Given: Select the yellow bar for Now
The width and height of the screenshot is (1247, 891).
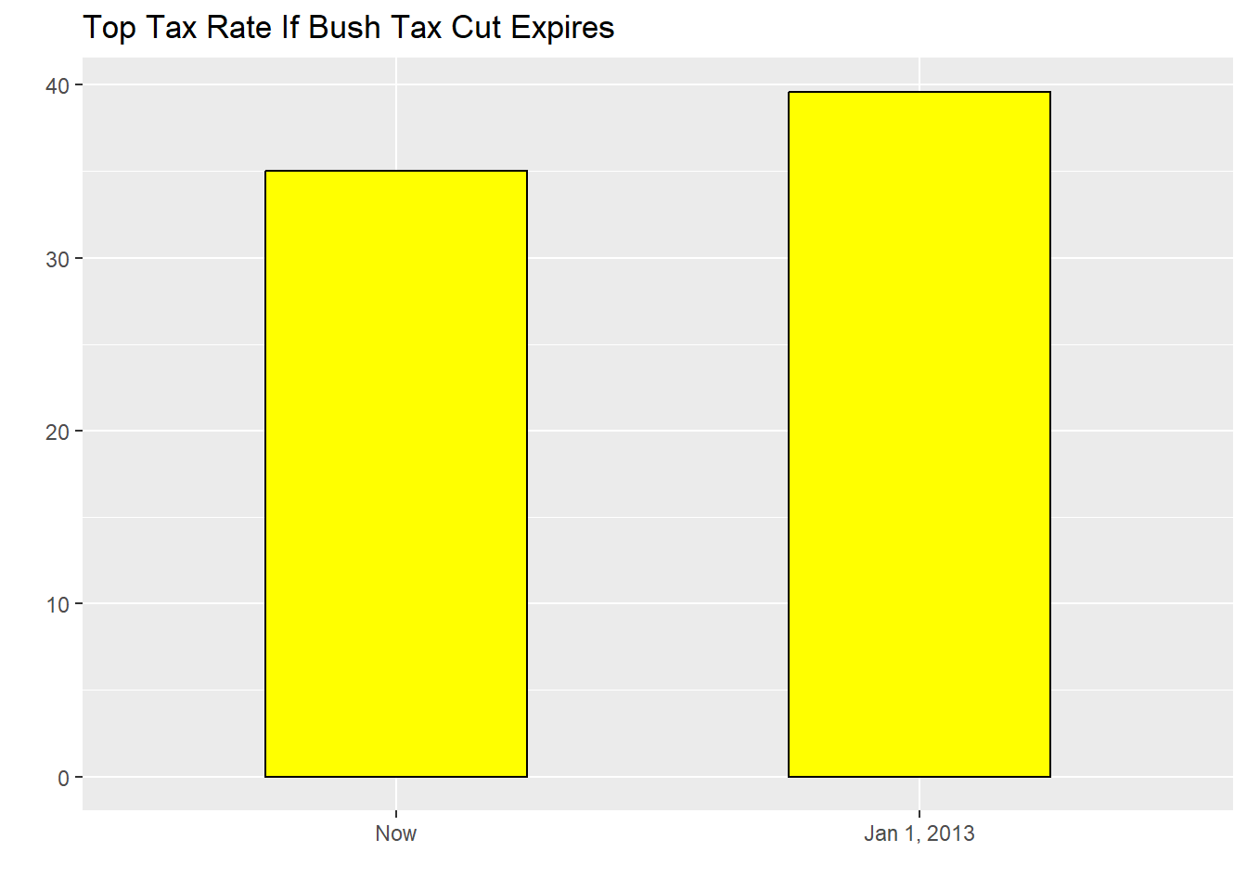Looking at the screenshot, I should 396,473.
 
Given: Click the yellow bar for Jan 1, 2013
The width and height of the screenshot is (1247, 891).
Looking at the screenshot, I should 919,434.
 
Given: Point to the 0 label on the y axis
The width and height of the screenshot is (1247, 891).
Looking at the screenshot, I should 63,778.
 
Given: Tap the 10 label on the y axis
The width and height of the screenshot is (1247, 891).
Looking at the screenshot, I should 58,605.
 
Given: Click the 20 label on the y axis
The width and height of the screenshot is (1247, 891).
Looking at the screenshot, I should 58,432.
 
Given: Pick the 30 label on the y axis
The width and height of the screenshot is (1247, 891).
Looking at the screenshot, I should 58,259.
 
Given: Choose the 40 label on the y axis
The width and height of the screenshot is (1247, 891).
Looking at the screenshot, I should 58,86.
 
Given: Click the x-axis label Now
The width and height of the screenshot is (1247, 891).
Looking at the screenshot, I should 396,833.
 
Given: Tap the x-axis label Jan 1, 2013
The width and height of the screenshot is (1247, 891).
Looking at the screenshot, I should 919,833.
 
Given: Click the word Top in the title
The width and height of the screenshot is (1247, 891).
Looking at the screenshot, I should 109,28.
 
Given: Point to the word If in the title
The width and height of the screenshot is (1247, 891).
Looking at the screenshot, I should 290,28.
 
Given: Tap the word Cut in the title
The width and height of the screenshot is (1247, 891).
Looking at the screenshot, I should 476,28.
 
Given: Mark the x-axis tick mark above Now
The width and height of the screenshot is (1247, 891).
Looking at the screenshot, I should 396,814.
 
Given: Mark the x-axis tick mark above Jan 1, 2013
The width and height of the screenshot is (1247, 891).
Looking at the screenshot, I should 919,814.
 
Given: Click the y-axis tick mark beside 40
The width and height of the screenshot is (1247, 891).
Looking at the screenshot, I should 79,85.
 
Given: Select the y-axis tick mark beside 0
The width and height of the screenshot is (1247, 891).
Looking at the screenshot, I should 79,777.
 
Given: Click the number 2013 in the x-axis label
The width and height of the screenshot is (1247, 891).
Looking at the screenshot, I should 951,833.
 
